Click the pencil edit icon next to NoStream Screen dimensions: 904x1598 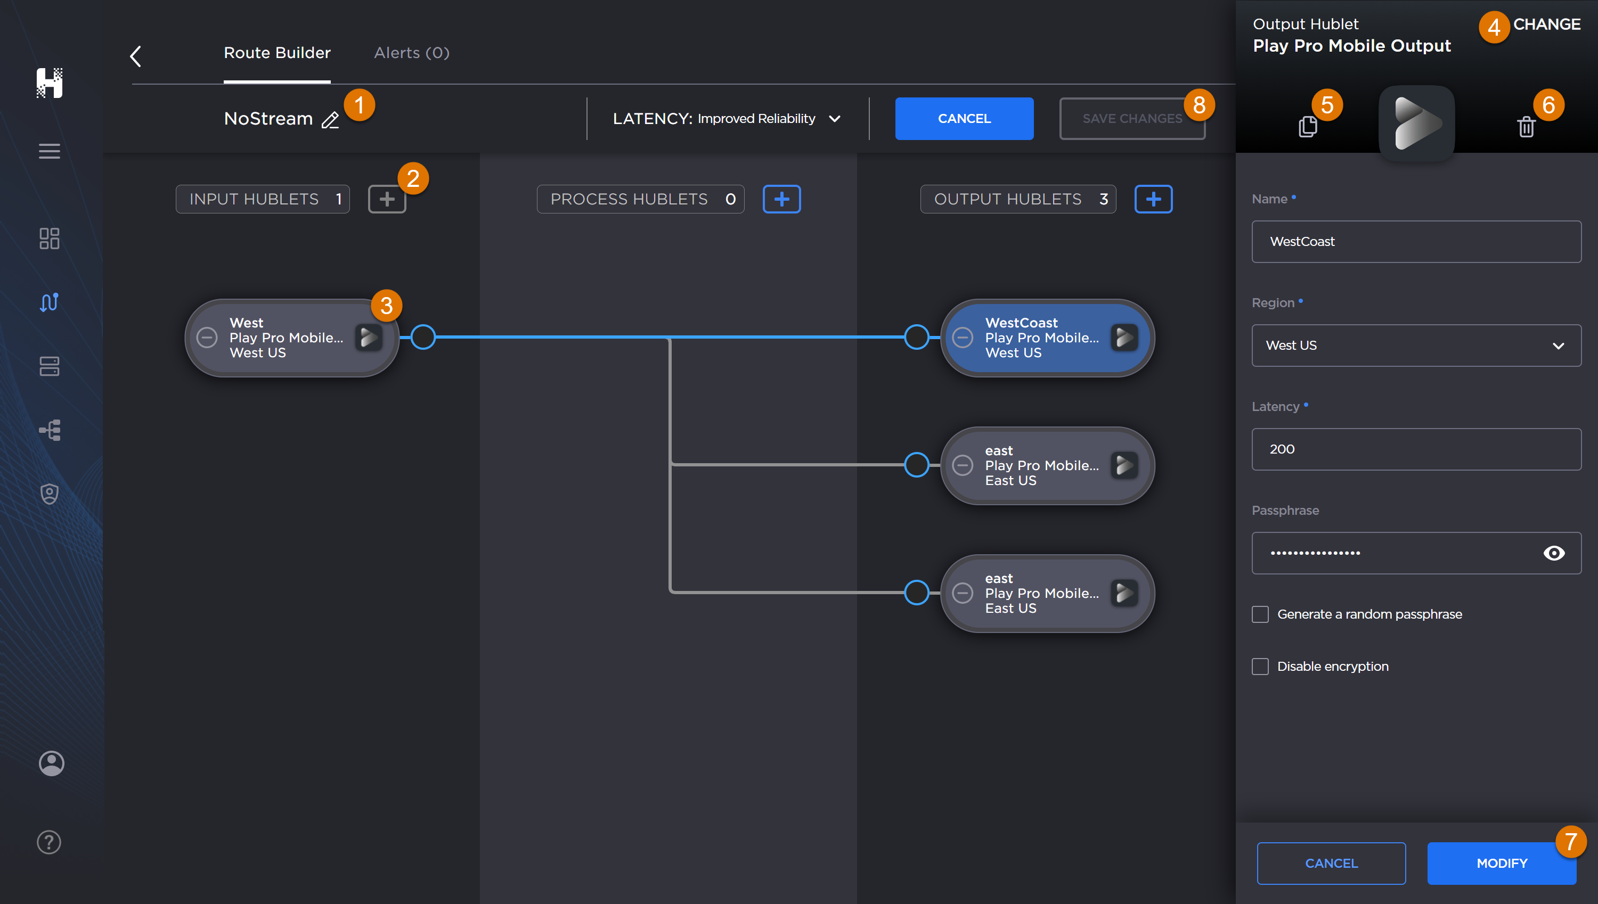point(330,120)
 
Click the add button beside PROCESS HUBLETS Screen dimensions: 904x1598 point(781,199)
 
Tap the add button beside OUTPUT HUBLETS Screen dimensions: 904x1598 point(1153,199)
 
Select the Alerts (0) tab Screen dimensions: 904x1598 point(411,53)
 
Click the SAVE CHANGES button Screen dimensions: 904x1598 point(1131,119)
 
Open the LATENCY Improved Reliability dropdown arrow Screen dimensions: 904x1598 point(835,119)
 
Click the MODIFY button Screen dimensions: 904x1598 point(1501,863)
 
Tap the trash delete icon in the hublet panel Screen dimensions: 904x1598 point(1526,127)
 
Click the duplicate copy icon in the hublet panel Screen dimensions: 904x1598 point(1307,127)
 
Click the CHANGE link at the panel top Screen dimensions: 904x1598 point(1546,24)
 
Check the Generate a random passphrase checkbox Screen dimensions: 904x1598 point(1260,614)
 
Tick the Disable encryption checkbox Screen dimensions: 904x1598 point(1260,666)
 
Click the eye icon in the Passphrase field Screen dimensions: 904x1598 point(1553,553)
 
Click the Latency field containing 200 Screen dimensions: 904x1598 point(1416,449)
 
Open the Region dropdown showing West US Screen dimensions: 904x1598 point(1416,345)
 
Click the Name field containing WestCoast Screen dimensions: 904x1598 point(1416,242)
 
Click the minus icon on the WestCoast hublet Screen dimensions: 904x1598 point(963,337)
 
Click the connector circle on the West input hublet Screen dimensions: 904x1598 point(423,337)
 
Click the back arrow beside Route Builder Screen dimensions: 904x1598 point(135,56)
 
